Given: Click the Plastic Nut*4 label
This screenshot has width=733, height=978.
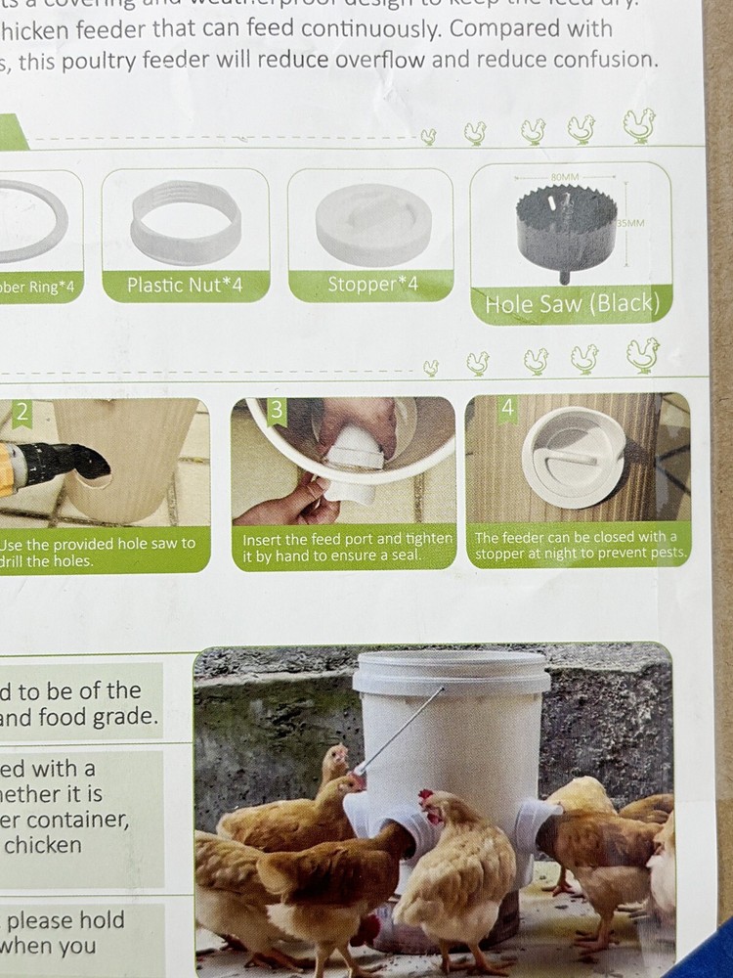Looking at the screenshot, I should click(x=185, y=286).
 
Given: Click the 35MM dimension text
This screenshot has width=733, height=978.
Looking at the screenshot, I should click(x=631, y=223).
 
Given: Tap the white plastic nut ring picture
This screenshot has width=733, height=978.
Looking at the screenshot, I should click(x=186, y=224).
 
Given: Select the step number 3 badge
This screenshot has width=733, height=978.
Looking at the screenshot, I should click(x=277, y=410).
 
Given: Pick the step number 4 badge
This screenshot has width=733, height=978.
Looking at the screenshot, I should click(x=507, y=409).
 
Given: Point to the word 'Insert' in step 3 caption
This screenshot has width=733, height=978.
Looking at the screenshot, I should click(x=263, y=539).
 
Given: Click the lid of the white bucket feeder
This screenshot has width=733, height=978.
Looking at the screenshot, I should click(x=452, y=673).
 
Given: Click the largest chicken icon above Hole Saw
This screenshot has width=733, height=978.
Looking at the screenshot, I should click(x=639, y=125).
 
